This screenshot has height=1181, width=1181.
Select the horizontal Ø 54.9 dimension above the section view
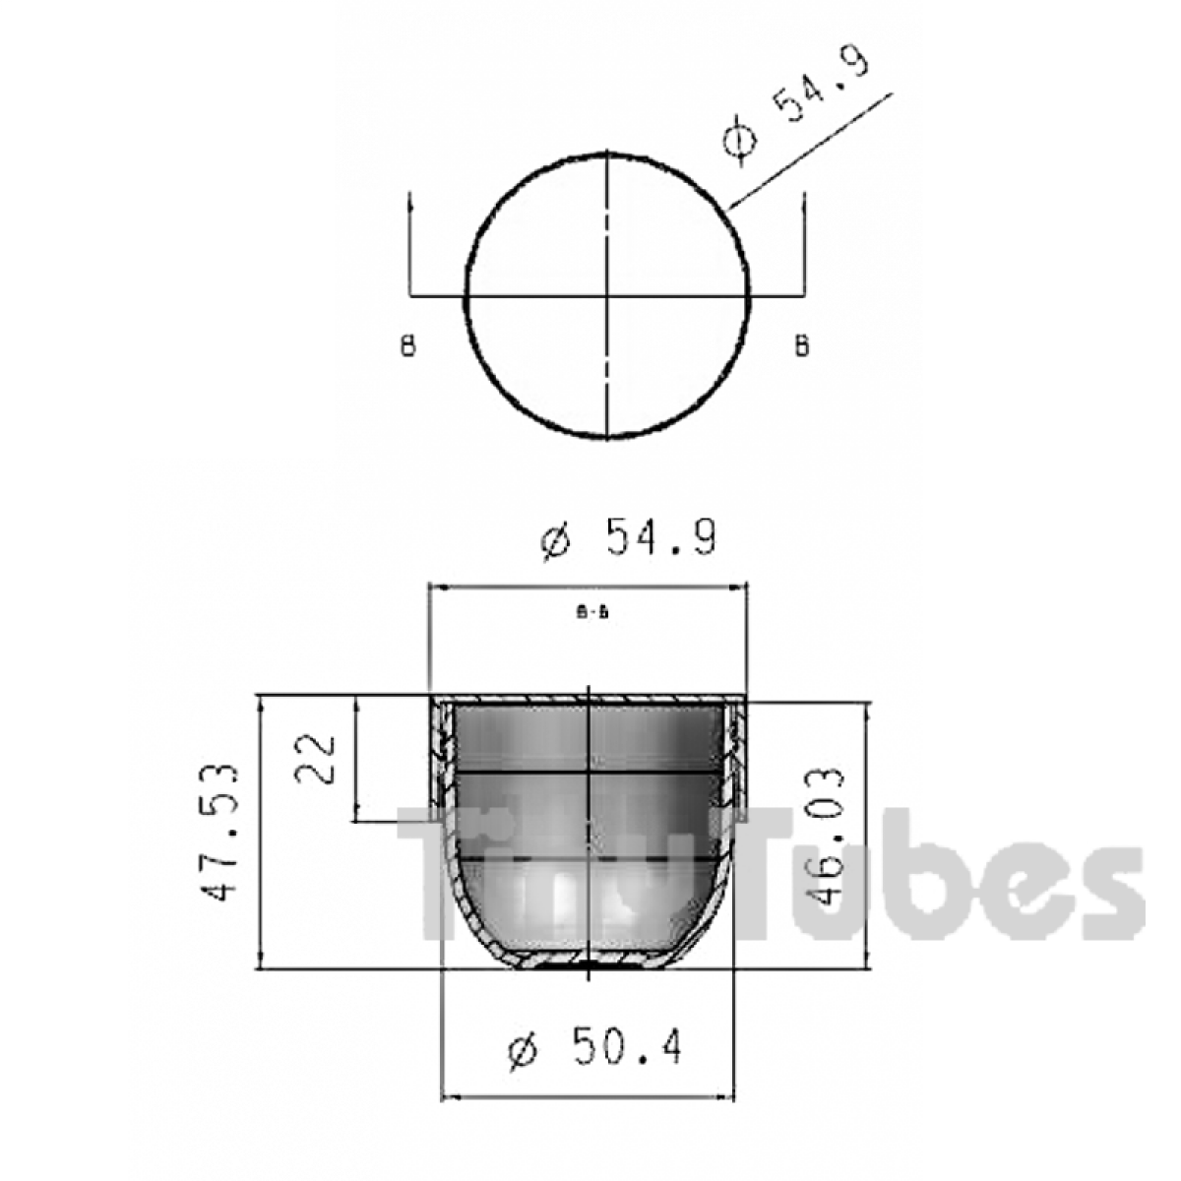(630, 538)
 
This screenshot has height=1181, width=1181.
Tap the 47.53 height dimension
(221, 833)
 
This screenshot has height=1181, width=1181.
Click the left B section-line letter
(408, 346)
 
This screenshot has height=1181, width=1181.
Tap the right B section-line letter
(802, 346)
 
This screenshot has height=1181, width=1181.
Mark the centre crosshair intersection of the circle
(607, 295)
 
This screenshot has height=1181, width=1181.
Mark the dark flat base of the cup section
(589, 966)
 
